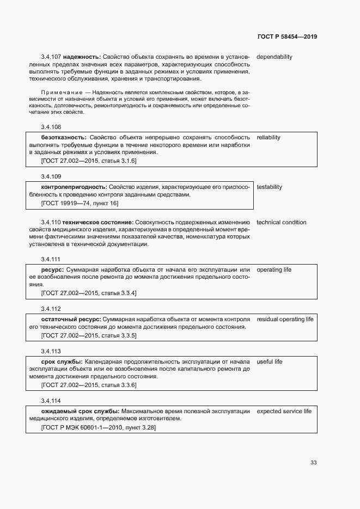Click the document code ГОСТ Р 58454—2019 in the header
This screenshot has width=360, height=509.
(x=286, y=37)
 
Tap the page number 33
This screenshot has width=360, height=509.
(x=313, y=463)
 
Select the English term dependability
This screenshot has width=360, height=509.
(x=274, y=57)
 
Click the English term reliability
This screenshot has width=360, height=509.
(x=269, y=137)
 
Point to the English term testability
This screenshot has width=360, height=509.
(x=269, y=187)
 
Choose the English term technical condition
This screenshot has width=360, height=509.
(x=281, y=222)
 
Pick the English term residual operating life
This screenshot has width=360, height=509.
(x=285, y=319)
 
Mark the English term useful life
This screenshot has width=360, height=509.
(x=269, y=362)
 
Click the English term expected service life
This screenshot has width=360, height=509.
(x=284, y=411)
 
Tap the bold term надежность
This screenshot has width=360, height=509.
(x=82, y=57)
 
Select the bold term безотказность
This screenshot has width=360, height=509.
(x=64, y=137)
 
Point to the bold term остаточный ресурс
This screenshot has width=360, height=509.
(x=71, y=319)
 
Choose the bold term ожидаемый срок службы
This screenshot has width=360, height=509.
(x=80, y=411)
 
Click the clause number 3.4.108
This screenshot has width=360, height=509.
(x=51, y=126)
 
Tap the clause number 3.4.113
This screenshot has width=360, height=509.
(x=51, y=351)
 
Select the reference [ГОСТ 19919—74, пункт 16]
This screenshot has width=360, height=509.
(x=80, y=203)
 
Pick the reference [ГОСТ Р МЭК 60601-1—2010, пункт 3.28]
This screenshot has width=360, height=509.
(x=98, y=427)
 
